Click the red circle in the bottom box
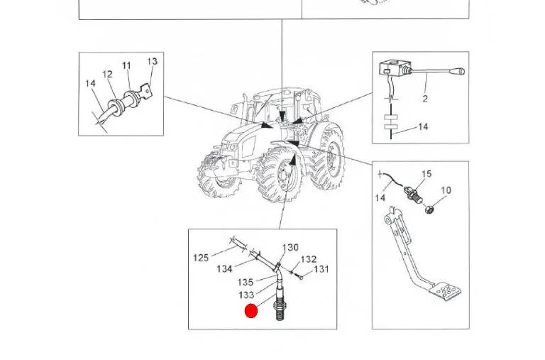(251, 310)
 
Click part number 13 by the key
(153, 62)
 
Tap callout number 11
(126, 65)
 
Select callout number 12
(107, 74)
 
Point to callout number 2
(425, 99)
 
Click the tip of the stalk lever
(463, 71)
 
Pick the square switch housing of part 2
(395, 69)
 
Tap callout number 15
(426, 173)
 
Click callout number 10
(446, 190)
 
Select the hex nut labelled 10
(429, 209)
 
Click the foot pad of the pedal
(446, 291)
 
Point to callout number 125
(201, 258)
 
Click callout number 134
(224, 268)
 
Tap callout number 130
(290, 247)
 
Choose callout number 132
(309, 259)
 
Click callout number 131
(321, 269)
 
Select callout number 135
(246, 282)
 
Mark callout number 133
(246, 295)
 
